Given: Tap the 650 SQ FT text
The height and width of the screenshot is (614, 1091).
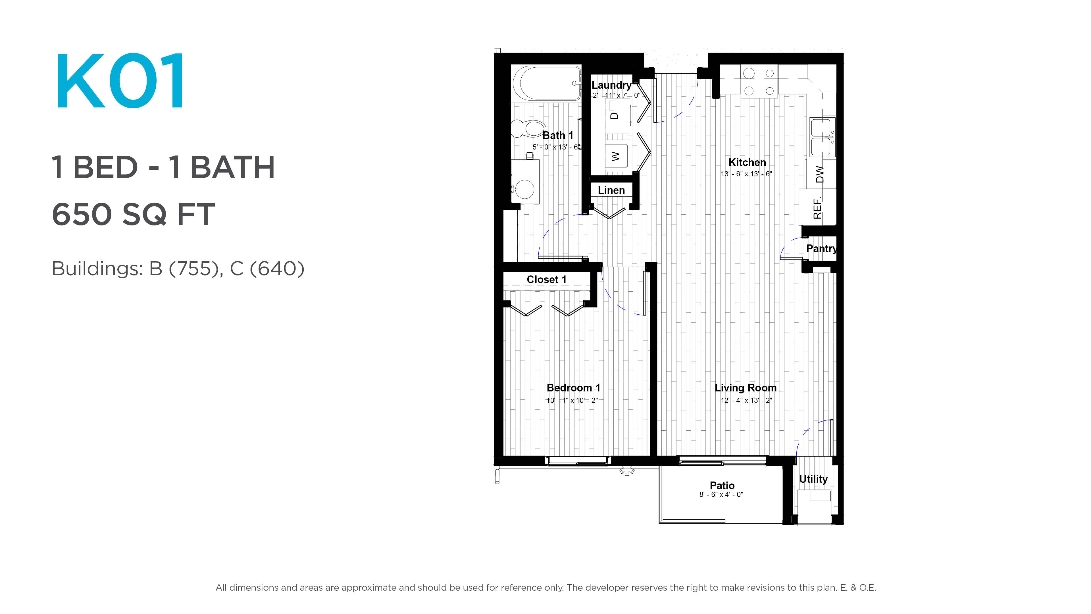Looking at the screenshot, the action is pos(134,214).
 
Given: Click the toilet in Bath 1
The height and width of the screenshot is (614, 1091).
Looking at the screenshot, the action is pos(528,128).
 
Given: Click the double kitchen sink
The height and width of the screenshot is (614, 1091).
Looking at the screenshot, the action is pos(822,137).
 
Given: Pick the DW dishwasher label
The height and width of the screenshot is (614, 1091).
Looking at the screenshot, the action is pos(820,174).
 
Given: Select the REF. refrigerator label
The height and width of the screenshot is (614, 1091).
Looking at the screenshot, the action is pos(817,208).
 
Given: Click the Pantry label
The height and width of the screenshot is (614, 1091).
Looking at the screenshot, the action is pos(822,249).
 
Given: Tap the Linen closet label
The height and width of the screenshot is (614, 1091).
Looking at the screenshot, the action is pos(611,190).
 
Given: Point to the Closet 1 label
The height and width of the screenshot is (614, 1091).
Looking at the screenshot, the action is pos(546,280).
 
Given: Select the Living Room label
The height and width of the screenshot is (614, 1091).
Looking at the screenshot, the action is pos(746,388).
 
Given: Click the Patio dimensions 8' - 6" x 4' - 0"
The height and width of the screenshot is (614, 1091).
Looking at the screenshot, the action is pos(721,495).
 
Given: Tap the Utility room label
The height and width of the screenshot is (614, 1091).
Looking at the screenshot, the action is pos(813,479).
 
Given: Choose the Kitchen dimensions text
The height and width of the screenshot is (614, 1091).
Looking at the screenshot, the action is pos(746,174).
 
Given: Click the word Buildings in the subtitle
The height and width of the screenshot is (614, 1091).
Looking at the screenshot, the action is pos(97,269).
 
